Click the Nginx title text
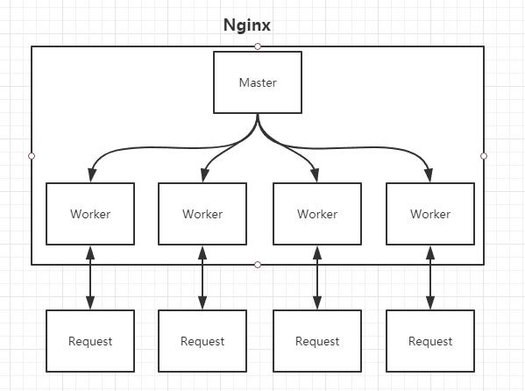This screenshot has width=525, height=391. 246,25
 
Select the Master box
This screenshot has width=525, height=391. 258,82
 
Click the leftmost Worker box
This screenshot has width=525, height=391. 90,214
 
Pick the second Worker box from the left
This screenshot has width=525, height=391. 202,214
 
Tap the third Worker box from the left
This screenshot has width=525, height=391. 317,214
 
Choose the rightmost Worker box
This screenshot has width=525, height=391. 430,214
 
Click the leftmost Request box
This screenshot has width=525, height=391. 90,341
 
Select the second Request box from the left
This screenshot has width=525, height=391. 202,341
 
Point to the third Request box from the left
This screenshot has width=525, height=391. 317,341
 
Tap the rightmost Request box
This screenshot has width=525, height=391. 430,341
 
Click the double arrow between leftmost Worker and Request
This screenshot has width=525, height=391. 90,277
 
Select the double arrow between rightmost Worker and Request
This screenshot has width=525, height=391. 430,277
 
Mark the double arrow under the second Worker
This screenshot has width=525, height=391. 202,277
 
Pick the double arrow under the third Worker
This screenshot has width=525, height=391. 317,277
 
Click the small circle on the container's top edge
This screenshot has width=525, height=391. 258,46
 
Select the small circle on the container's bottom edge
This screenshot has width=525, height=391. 258,264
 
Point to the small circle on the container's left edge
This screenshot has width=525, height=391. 32,156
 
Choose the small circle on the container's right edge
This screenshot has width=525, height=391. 484,156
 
